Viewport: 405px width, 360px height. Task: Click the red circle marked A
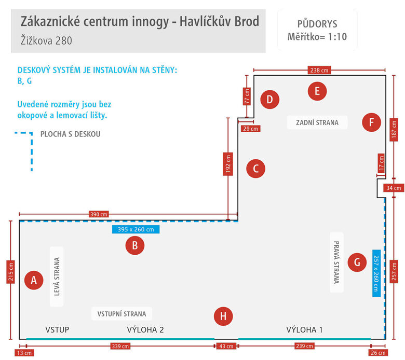34,280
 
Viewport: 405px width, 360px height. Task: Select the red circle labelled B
135,246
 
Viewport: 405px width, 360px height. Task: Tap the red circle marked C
256,169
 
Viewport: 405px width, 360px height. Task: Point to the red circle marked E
317,91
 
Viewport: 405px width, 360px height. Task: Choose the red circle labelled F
371,122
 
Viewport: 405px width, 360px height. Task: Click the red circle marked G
357,262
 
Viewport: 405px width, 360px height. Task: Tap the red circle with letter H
223,316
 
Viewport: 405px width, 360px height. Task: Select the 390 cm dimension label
99,214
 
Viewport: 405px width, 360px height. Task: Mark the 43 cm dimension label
226,346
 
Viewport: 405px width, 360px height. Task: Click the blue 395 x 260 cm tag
136,229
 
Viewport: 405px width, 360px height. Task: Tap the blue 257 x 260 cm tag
376,272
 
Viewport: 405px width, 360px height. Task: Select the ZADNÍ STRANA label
317,122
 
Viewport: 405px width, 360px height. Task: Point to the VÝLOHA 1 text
304,329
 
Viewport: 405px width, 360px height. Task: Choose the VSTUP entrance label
57,329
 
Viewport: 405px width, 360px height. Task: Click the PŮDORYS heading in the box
317,24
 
